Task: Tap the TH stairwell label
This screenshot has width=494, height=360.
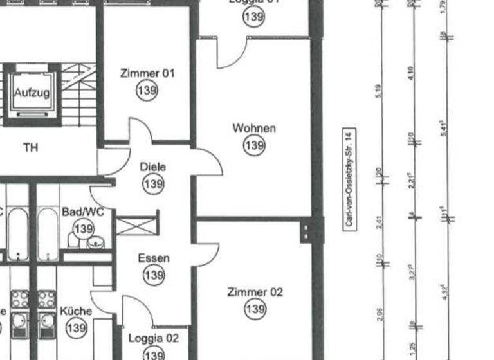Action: click(x=30, y=147)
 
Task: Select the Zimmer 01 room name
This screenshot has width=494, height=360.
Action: click(x=147, y=74)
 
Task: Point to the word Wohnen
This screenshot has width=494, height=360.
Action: click(x=254, y=129)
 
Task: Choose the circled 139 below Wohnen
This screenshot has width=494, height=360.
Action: click(x=254, y=146)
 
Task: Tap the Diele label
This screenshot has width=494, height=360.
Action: click(x=153, y=167)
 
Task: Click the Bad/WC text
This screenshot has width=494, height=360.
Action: click(x=83, y=212)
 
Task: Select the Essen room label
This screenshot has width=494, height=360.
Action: click(x=154, y=258)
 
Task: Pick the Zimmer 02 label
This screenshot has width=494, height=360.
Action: click(x=255, y=292)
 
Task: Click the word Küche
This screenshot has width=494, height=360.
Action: click(x=76, y=311)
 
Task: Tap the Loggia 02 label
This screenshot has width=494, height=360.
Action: click(x=153, y=338)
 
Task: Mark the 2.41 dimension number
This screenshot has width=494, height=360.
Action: click(x=378, y=221)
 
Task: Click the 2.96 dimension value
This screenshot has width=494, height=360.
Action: click(x=379, y=314)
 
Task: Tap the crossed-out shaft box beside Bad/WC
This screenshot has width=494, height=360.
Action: click(x=136, y=224)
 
